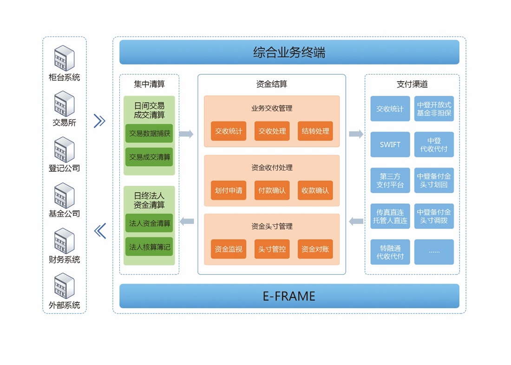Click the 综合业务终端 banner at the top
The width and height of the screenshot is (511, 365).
[289, 52]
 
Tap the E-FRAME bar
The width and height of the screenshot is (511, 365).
[289, 296]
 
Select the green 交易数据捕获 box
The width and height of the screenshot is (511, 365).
[150, 133]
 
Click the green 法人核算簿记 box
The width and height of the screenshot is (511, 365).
[150, 247]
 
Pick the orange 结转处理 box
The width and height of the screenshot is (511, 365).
[315, 131]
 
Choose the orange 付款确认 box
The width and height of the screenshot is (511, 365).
[272, 190]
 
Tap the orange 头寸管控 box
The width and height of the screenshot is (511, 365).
[272, 249]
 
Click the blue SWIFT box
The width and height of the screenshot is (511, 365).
[390, 144]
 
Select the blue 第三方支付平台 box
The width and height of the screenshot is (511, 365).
[390, 180]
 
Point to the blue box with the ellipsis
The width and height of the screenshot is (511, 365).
[434, 252]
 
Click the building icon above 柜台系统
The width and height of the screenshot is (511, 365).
[64, 58]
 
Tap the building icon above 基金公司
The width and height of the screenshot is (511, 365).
[64, 195]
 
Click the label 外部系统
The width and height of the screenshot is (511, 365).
[65, 305]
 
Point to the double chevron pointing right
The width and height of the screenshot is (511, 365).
[100, 121]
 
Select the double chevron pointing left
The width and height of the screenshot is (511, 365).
[100, 230]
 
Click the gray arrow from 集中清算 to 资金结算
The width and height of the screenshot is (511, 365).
[186, 134]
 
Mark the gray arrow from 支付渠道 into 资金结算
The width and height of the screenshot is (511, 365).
[356, 222]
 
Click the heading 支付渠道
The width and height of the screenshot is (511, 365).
[412, 84]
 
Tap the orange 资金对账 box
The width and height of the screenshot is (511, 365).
[315, 249]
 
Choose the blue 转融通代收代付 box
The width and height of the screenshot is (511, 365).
[390, 252]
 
